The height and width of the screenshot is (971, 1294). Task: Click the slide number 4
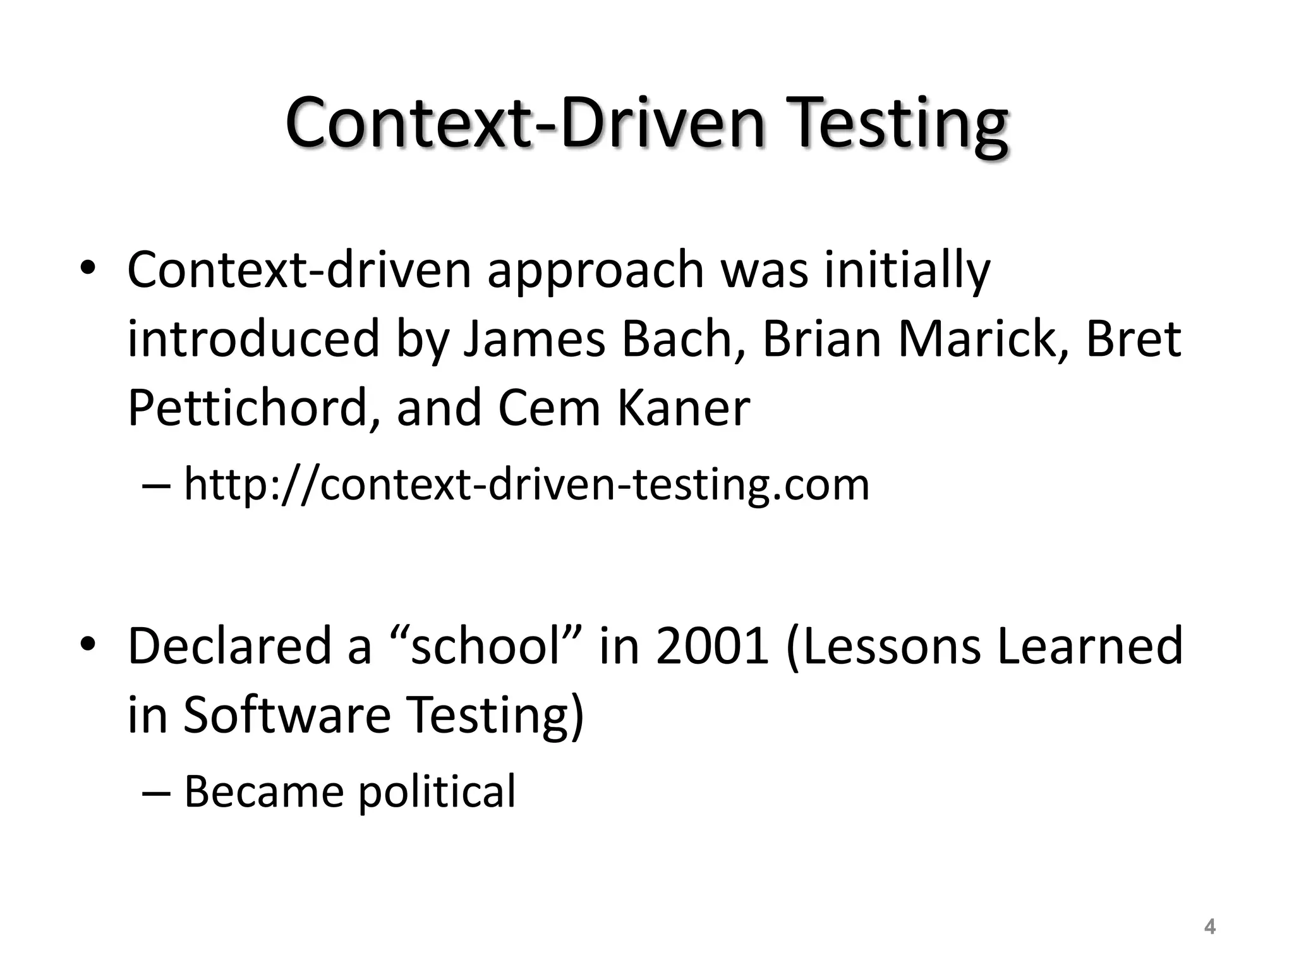coord(1209,927)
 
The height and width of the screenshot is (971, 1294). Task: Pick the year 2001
coord(713,645)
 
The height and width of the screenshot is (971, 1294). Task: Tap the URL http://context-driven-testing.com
coord(526,485)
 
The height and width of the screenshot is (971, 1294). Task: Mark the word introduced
coord(253,339)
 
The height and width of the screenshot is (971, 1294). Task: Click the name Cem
coord(548,408)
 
